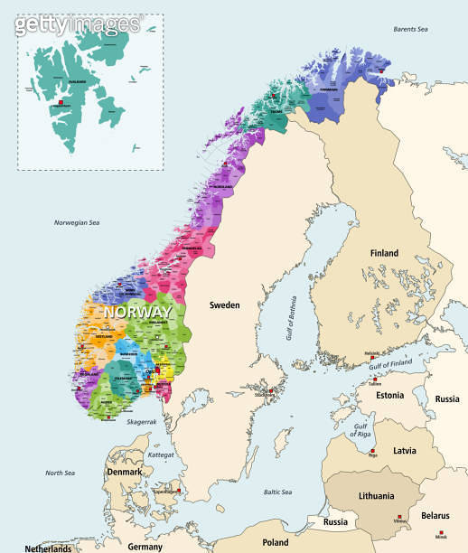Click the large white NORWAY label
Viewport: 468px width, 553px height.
[138, 312]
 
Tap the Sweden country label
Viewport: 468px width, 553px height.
[225, 305]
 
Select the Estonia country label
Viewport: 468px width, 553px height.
[389, 396]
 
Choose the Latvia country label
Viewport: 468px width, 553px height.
[404, 450]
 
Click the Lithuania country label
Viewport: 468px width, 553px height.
[376, 496]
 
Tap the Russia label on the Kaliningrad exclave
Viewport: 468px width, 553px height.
[335, 521]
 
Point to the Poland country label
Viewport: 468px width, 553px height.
[275, 542]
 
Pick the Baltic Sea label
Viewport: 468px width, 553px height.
[277, 492]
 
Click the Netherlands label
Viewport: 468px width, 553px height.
[48, 548]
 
